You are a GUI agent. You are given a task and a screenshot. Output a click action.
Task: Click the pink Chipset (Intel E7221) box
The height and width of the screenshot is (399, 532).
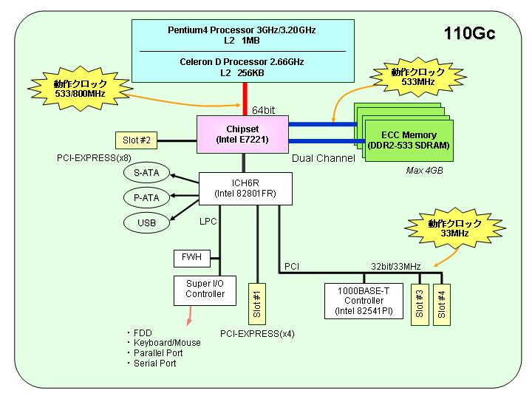tap(242, 134)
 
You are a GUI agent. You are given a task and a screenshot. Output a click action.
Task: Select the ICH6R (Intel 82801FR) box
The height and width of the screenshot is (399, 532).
tap(245, 188)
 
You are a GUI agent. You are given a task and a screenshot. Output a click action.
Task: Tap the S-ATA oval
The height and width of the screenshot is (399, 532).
tap(146, 173)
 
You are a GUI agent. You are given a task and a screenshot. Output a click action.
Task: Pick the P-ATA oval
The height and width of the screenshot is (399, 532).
tap(146, 197)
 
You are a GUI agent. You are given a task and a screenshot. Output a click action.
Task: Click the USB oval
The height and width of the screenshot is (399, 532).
tap(146, 222)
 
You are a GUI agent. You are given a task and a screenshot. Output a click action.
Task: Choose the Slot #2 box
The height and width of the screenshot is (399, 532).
tap(136, 140)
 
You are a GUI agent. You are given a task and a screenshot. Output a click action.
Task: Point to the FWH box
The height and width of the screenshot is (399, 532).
tap(191, 258)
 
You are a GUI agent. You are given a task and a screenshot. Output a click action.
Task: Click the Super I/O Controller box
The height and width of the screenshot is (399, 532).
tap(205, 290)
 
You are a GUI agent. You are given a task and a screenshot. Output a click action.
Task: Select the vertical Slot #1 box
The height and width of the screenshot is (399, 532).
tap(257, 304)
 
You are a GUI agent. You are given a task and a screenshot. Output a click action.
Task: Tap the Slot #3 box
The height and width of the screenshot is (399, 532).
tap(420, 304)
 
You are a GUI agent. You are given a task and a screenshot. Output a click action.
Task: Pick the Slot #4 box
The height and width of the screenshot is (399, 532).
tap(442, 304)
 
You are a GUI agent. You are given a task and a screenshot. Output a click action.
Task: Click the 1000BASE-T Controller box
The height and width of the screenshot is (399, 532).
tap(364, 301)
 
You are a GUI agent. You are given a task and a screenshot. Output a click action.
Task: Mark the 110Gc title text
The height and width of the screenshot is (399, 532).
tap(470, 33)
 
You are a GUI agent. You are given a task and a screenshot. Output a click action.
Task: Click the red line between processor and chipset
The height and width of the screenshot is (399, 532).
tap(245, 99)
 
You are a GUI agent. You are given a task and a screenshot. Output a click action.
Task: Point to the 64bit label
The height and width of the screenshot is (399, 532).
tap(263, 110)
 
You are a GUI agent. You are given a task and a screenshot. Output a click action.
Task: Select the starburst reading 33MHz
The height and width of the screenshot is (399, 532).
tap(454, 228)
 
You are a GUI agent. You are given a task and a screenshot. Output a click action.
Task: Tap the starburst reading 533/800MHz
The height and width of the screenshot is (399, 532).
tap(80, 88)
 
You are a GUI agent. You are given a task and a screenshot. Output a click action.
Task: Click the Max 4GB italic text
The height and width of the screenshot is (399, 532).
tap(424, 171)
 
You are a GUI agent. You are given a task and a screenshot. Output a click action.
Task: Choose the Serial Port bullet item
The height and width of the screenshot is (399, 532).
tap(151, 364)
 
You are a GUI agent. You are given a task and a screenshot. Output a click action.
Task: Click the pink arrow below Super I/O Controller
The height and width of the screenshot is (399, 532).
tap(189, 316)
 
